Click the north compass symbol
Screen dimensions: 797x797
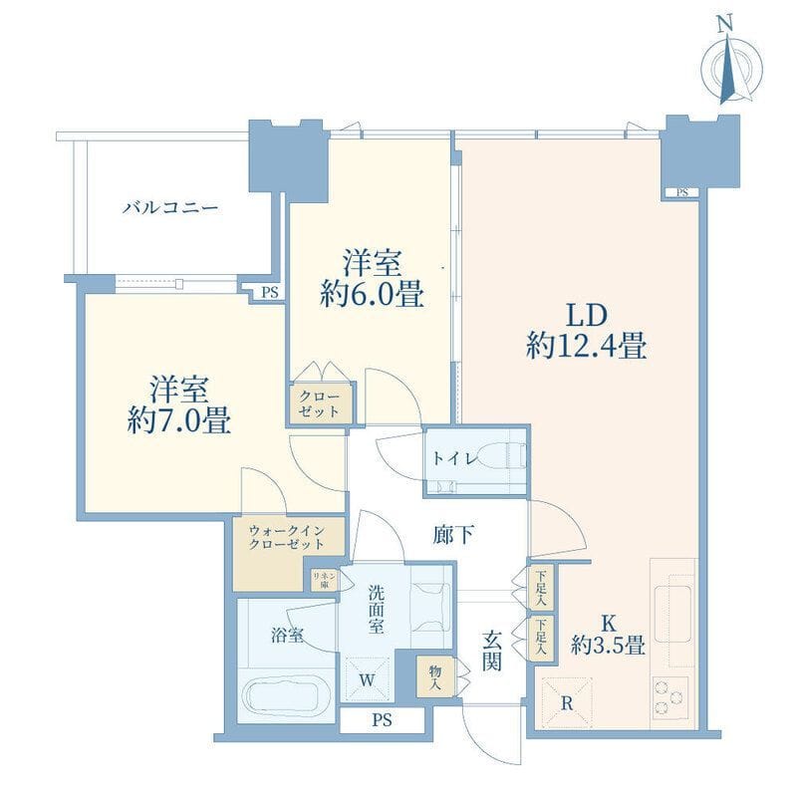click(732, 66)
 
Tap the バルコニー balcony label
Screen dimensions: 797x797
click(170, 207)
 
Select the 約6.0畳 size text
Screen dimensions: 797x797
click(372, 294)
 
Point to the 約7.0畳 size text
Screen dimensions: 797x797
click(179, 420)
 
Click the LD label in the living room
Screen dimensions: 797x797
click(587, 316)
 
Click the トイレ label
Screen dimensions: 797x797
click(455, 459)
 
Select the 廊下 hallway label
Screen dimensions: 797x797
click(453, 534)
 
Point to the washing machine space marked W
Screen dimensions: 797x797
click(367, 679)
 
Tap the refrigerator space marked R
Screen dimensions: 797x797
click(567, 703)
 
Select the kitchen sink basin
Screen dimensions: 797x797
click(672, 614)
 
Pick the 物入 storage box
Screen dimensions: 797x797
click(435, 676)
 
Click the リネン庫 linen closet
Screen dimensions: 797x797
click(325, 580)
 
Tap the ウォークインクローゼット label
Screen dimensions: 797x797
click(286, 538)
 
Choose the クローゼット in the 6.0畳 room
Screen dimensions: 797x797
click(320, 404)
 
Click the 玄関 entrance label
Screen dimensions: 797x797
click(491, 650)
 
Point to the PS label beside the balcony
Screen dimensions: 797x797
click(270, 293)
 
